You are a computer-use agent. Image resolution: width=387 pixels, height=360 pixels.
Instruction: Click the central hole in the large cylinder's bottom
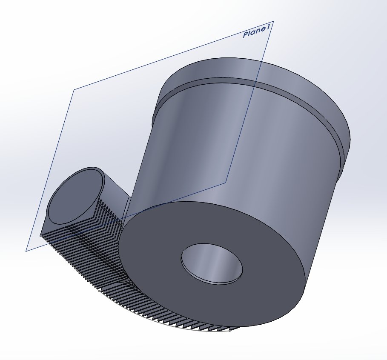(x=212, y=263)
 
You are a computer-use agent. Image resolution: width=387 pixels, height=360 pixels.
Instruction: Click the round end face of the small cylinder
(x=74, y=196)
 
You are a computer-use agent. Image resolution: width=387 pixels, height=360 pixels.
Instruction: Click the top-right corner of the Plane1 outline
(x=273, y=21)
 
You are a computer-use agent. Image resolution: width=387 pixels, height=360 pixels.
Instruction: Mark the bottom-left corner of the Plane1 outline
(x=26, y=251)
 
